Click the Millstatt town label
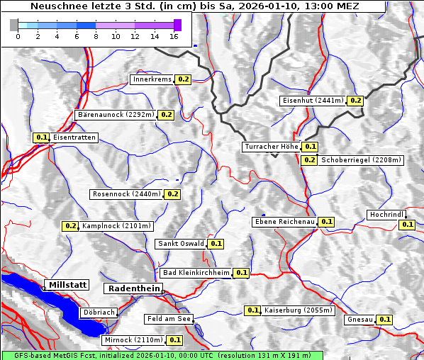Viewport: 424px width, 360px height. point(67,285)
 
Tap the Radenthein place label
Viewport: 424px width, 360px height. point(133,288)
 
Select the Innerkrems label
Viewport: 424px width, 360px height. point(152,79)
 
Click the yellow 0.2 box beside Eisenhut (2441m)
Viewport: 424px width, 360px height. point(355,101)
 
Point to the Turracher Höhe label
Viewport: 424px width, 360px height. point(271,147)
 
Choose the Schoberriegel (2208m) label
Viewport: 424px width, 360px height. point(361,160)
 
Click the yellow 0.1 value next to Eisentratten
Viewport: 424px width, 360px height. point(41,137)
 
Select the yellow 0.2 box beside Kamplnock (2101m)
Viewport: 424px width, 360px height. point(70,226)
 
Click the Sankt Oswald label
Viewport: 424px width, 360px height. point(181,244)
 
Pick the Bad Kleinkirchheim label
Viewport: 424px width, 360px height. point(196,273)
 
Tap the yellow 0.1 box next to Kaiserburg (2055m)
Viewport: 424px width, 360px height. point(252,310)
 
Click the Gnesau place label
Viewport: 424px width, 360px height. point(359,320)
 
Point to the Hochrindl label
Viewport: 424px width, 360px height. point(386,215)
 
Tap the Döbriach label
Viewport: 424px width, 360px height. point(99,312)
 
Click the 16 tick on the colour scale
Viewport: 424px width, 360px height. point(174,36)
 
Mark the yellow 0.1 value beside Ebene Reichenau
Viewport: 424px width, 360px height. point(326,222)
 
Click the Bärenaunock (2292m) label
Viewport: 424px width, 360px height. point(115,114)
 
